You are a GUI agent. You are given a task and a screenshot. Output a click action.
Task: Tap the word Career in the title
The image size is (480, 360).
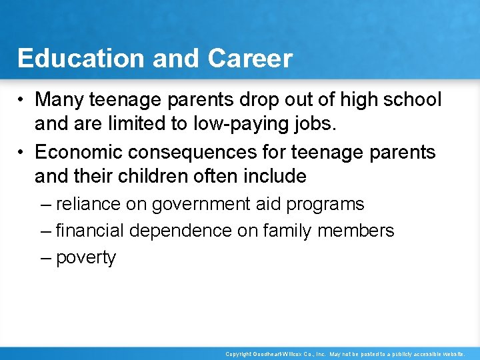[250, 59]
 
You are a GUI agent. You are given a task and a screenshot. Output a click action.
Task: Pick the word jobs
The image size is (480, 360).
[313, 123]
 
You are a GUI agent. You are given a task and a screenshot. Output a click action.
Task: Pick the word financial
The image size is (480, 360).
[91, 231]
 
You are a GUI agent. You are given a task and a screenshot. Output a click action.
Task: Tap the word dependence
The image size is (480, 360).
[181, 231]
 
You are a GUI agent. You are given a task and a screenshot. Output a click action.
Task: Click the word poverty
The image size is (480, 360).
[86, 258]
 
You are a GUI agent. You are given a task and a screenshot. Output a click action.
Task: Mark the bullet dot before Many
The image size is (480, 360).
[23, 101]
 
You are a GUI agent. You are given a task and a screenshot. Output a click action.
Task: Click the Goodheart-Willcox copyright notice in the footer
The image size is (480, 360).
[345, 354]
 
